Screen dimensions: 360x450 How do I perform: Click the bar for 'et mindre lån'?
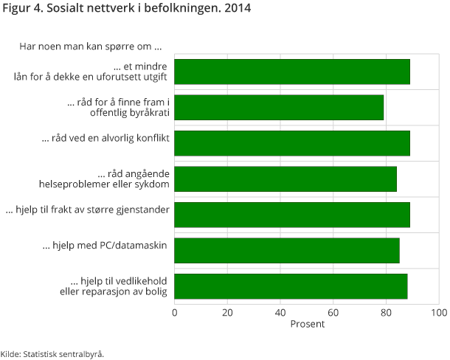[x=292, y=72]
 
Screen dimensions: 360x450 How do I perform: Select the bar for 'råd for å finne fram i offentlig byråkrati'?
[x=279, y=107]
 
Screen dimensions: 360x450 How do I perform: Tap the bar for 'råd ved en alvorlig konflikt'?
[x=292, y=142]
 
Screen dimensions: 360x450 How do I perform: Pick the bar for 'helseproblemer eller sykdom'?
[x=285, y=179]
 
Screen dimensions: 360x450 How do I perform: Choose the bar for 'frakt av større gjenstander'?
[x=292, y=214]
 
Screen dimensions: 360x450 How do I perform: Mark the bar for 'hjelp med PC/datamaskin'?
[x=287, y=250]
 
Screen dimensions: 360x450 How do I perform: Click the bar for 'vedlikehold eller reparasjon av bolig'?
[x=291, y=285]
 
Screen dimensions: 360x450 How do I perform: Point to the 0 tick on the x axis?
[x=175, y=312]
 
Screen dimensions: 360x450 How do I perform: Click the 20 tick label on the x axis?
[x=227, y=312]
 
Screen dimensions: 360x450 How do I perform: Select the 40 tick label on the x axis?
[x=280, y=312]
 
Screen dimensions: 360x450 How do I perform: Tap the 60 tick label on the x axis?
[x=333, y=312]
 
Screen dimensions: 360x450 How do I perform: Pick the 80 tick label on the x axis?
[x=386, y=312]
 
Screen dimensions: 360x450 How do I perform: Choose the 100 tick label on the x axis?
[x=438, y=312]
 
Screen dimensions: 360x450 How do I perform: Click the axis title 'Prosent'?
[x=307, y=324]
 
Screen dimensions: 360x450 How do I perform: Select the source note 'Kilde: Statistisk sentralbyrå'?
[x=52, y=353]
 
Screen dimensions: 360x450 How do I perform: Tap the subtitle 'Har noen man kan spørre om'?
[x=90, y=47]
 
